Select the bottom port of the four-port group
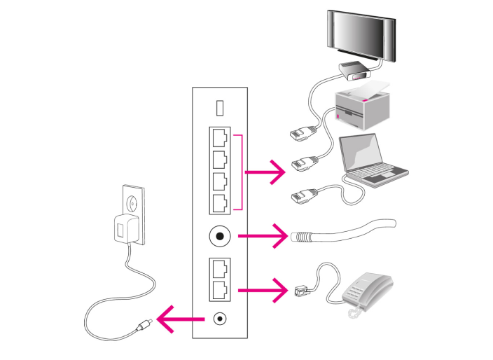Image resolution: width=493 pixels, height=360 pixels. [220, 202]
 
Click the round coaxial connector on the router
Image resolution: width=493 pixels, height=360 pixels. [220, 236]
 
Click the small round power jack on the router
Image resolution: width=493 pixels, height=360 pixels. [220, 319]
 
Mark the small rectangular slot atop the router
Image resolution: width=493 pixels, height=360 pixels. [219, 106]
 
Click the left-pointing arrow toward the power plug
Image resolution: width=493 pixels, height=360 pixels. [179, 321]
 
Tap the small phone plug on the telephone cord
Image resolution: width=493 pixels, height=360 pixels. [302, 286]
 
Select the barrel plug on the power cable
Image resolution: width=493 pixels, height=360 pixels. [144, 324]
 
